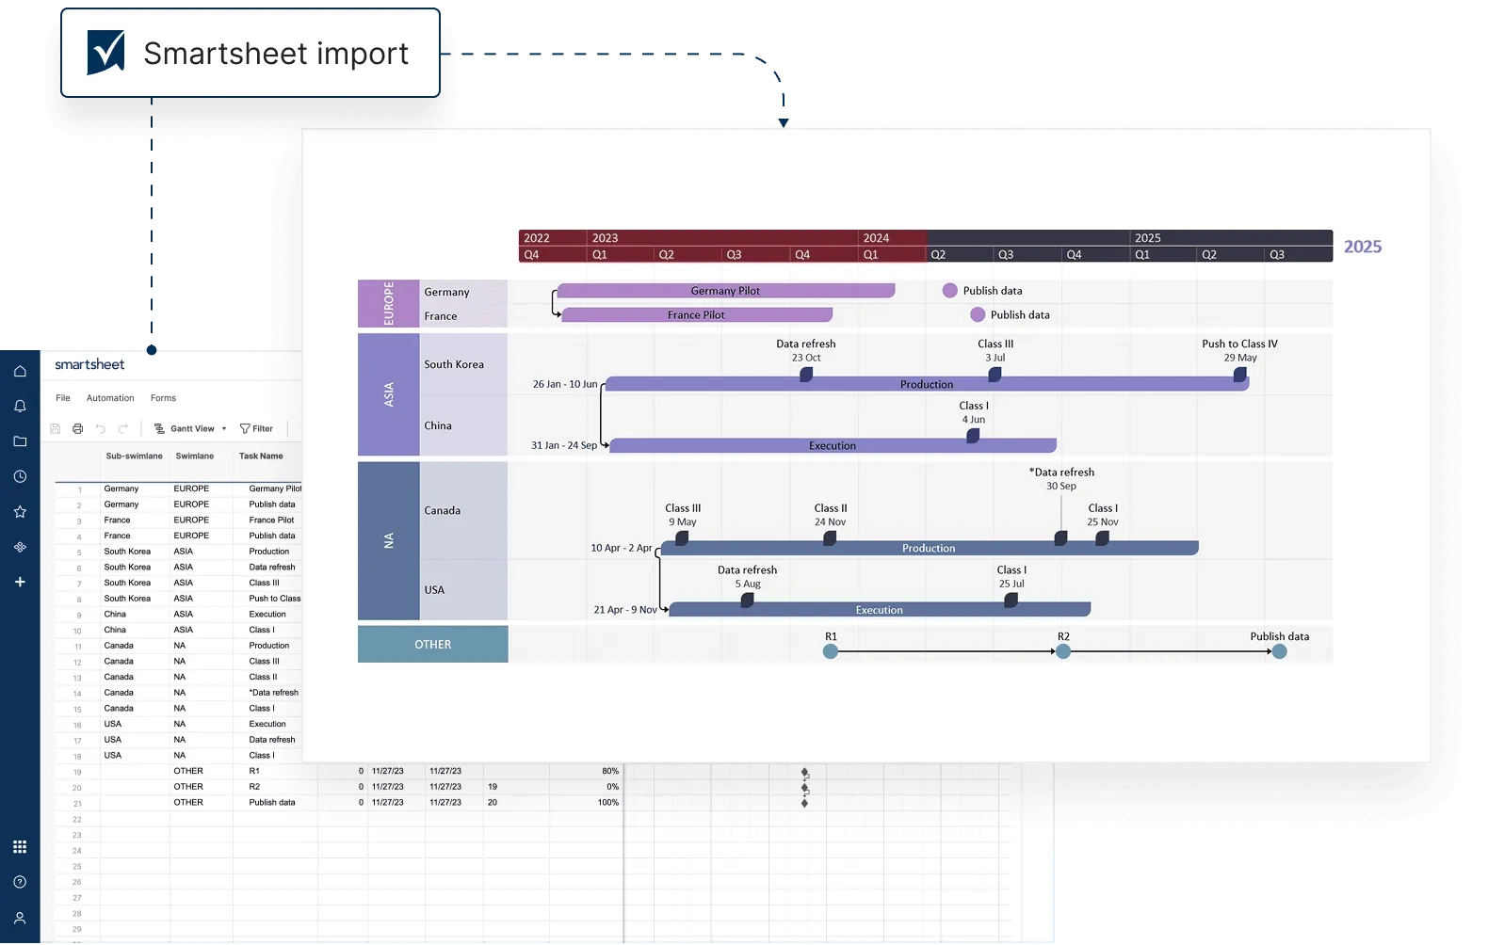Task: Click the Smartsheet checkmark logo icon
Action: (106, 52)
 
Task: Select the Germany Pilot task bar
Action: (725, 291)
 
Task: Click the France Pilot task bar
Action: (696, 315)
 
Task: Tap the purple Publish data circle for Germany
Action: (950, 291)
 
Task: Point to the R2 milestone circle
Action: (1063, 651)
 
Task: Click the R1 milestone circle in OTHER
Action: (831, 651)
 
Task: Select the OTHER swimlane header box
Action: (432, 645)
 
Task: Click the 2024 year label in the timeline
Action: (876, 238)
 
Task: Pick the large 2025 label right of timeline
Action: (1362, 247)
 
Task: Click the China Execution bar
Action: (833, 445)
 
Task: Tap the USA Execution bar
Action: (879, 610)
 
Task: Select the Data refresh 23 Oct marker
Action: (806, 375)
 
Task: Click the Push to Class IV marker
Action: (1239, 375)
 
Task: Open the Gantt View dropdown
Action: (191, 429)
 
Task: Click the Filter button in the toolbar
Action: (256, 429)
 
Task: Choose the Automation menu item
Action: (110, 398)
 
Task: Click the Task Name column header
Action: (261, 456)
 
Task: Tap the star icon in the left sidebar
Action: (20, 512)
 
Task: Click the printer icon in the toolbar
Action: (78, 429)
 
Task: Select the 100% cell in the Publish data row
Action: (607, 803)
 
